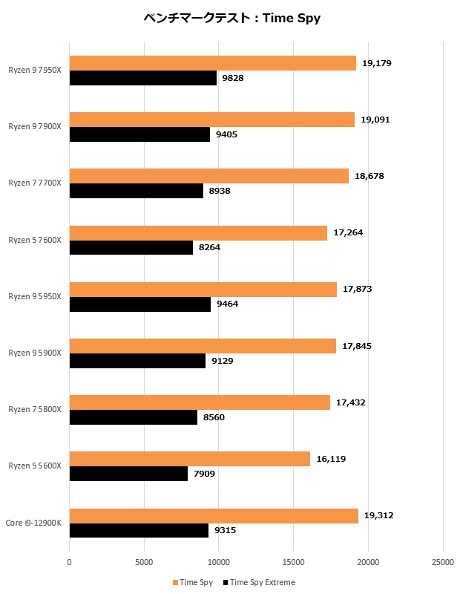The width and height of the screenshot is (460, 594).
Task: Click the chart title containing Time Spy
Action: click(231, 18)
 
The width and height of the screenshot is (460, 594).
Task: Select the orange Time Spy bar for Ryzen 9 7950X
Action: click(212, 63)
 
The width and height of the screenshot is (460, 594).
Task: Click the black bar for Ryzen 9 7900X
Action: click(139, 134)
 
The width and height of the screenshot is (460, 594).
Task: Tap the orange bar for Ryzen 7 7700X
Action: click(208, 176)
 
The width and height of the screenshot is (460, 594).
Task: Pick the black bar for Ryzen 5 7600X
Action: click(131, 247)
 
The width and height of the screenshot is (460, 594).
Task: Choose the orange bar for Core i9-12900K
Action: click(214, 515)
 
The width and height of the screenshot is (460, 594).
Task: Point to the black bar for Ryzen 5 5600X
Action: click(128, 473)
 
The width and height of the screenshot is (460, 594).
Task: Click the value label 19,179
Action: click(376, 63)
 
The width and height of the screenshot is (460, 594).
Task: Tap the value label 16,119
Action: click(331, 459)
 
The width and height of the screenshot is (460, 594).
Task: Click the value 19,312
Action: click(379, 515)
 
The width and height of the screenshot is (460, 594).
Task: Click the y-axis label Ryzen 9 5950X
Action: click(35, 296)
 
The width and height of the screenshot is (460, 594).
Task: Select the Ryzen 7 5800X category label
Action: click(35, 409)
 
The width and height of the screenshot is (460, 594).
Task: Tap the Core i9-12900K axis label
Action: click(33, 523)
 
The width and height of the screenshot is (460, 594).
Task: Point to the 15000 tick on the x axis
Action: click(294, 563)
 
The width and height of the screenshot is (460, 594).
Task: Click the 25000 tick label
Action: click(443, 563)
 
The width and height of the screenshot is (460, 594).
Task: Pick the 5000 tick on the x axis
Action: click(144, 563)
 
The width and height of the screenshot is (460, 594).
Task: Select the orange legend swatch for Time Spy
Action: click(175, 582)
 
